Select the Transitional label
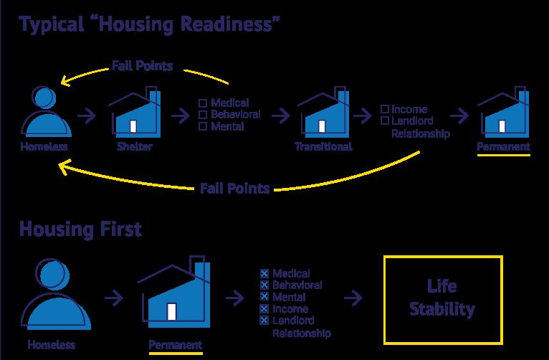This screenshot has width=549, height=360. tap(323, 147)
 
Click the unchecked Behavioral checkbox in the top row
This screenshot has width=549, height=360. tap(203, 115)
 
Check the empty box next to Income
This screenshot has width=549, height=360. tap(384, 109)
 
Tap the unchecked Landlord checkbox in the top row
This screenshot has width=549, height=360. tap(384, 121)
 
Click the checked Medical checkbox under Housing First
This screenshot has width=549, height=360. tap(264, 274)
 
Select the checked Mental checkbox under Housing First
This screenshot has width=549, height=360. tap(264, 297)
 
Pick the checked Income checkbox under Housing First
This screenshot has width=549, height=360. tap(264, 308)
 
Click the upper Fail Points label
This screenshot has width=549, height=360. tap(142, 67)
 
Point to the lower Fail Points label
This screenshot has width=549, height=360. tap(234, 189)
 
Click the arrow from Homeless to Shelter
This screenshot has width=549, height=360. tap(87, 115)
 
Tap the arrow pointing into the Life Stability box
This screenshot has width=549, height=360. tap(353, 298)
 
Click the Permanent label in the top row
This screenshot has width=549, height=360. tap(504, 147)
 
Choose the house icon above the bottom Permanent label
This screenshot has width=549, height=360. tap(175, 295)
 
